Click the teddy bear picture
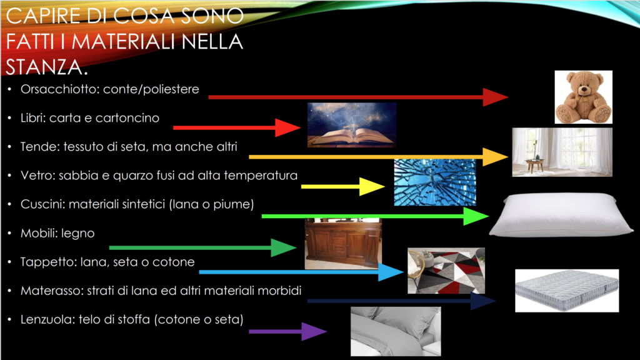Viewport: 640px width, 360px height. [583, 97]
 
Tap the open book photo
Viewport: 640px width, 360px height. [351, 125]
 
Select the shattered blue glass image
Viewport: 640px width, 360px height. [435, 182]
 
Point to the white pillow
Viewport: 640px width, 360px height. [561, 215]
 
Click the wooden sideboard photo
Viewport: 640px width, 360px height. [343, 244]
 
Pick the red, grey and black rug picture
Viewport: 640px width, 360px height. [446, 271]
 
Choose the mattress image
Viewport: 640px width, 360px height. [567, 291]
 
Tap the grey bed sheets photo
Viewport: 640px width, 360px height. [396, 331]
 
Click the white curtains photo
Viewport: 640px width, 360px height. [562, 152]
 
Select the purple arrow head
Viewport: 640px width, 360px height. [314, 331]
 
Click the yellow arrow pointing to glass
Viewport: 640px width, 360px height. [343, 186]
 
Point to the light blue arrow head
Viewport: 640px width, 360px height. [391, 272]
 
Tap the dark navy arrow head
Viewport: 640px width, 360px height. [483, 301]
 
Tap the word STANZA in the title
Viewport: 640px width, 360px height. [44, 67]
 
